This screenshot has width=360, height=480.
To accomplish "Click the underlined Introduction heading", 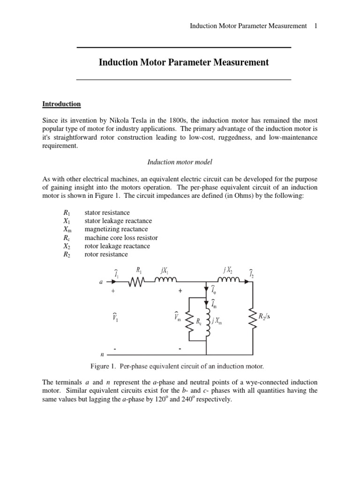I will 61,104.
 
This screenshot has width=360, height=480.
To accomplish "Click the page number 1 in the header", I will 316,26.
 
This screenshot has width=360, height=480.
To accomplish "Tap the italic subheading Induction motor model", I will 180,162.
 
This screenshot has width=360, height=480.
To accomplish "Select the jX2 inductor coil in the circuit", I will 228,281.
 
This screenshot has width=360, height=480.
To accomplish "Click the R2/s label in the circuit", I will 264,316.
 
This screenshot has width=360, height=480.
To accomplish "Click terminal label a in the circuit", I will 101,283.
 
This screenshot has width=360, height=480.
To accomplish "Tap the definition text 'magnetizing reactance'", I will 116,229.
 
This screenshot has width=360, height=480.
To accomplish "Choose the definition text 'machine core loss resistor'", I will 121,238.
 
